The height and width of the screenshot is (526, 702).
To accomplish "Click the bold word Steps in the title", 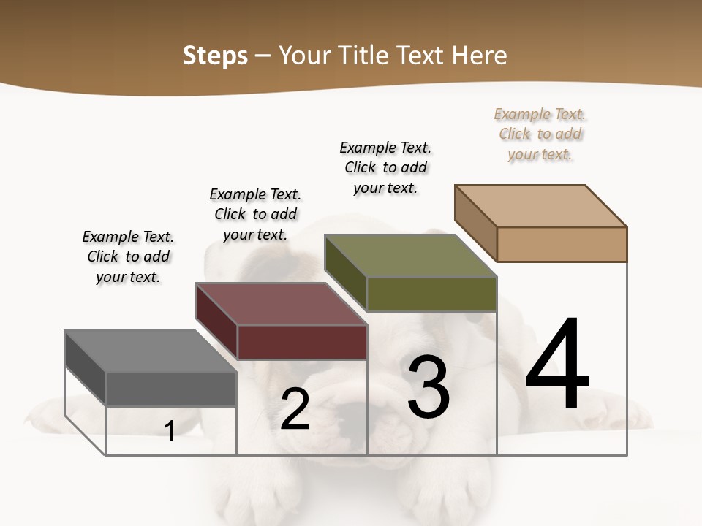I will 215,56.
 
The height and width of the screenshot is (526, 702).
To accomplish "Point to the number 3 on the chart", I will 429,387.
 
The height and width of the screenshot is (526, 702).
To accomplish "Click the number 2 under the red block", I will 295,409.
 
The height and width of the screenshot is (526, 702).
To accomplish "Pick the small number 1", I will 170,432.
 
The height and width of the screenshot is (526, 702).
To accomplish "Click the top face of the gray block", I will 150,351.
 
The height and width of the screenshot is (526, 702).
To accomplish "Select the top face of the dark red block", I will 281,304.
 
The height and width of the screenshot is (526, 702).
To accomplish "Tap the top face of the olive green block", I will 410,256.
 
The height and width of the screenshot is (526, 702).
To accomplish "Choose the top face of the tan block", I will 541,206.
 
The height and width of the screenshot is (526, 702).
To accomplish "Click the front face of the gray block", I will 171,389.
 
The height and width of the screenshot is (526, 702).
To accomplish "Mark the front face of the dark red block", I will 301,342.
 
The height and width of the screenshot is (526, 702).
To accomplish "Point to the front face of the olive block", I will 431,294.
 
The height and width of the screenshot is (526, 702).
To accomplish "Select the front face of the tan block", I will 562,244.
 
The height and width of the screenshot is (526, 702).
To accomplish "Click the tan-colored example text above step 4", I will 540,134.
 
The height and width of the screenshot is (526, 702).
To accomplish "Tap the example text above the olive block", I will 385,167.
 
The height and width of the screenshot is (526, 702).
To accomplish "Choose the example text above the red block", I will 255,214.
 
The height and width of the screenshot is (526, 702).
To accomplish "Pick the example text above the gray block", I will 128,256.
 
